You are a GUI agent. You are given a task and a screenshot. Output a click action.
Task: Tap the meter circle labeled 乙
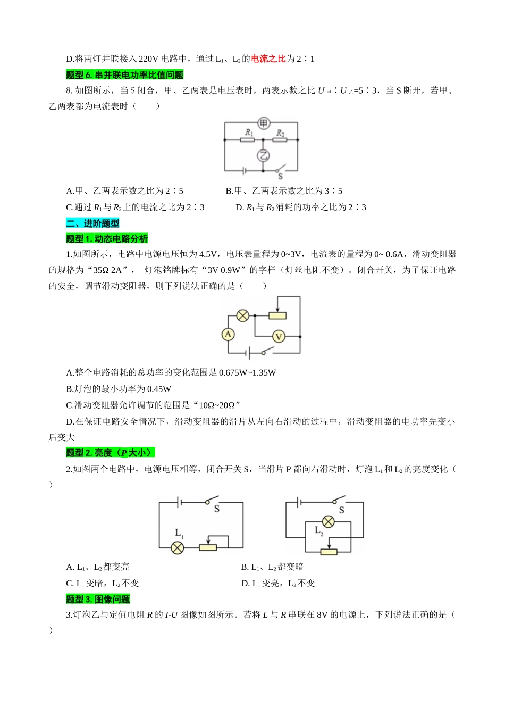(263, 155)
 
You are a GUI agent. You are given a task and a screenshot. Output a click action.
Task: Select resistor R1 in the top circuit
(247, 140)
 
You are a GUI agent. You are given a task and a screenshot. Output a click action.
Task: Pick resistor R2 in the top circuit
(280, 140)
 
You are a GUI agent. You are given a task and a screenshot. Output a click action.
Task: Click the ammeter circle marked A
(228, 334)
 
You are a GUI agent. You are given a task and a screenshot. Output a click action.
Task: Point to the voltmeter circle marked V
(279, 337)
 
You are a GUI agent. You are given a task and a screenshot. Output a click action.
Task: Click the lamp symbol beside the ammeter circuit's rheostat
(243, 315)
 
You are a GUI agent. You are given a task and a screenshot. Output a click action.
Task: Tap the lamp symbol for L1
(178, 547)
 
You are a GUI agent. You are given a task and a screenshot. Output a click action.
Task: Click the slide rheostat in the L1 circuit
(208, 547)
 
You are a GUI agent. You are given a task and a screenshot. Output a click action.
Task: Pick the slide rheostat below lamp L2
(329, 552)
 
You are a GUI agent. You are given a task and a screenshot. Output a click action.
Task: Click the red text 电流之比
(268, 59)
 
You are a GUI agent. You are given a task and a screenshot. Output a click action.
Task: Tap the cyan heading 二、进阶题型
(92, 223)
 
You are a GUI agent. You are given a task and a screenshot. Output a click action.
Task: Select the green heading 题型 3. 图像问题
(98, 600)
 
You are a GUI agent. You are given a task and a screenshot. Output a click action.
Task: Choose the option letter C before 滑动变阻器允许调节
(69, 405)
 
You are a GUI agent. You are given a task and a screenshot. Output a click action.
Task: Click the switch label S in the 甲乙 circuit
(281, 176)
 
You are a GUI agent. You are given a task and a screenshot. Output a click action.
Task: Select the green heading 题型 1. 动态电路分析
(107, 239)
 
